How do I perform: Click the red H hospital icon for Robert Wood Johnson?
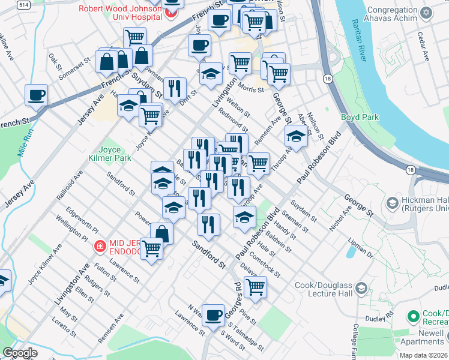[172, 11]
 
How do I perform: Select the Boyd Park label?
[360, 117]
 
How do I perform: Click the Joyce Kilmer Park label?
[114, 154]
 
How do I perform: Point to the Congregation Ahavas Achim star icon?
[426, 13]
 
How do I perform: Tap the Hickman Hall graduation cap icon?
[392, 203]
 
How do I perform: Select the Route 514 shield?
[8, 5]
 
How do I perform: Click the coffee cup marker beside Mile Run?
[37, 95]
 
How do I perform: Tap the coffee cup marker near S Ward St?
[212, 315]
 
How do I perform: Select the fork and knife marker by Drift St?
[175, 88]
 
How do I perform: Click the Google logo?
[19, 353]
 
